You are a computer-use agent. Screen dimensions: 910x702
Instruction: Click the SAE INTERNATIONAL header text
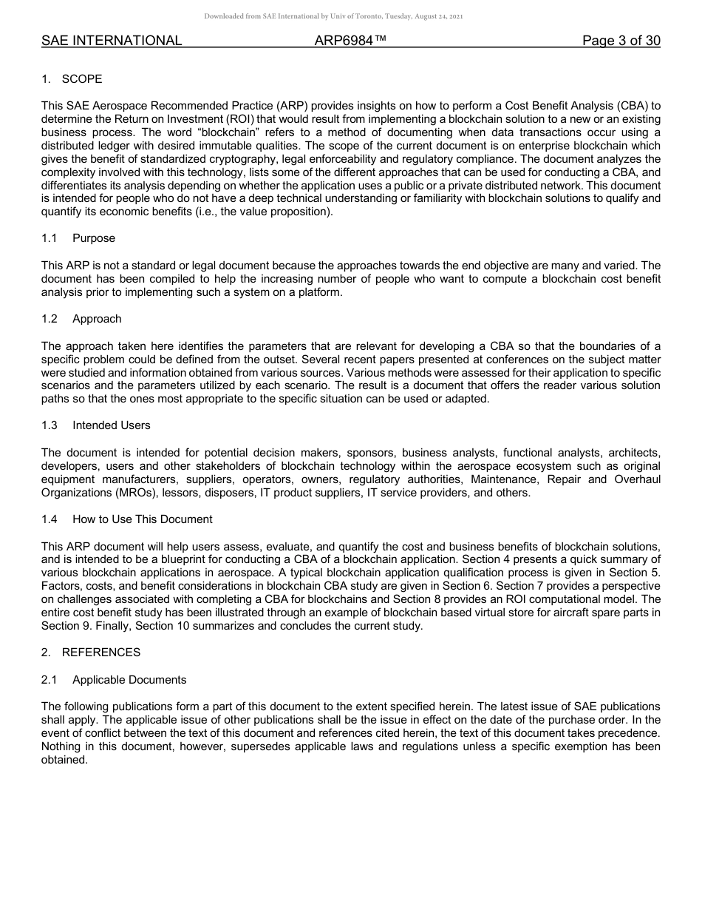[x=112, y=41]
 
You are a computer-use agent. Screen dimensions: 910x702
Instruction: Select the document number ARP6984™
[x=350, y=41]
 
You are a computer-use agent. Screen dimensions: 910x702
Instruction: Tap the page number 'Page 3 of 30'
[x=621, y=41]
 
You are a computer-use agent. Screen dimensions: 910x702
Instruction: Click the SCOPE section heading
[x=82, y=79]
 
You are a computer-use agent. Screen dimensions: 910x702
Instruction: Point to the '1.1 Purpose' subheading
[x=94, y=238]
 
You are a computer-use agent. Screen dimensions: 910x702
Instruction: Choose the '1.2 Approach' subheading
[x=97, y=319]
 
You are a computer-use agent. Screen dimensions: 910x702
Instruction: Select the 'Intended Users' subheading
[x=111, y=425]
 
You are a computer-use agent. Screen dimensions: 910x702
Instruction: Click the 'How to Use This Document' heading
[x=142, y=519]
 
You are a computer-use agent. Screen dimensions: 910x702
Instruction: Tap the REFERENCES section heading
[x=100, y=653]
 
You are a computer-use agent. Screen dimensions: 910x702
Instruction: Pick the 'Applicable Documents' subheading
[x=129, y=680]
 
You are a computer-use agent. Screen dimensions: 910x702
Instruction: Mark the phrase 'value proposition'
[x=292, y=212]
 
